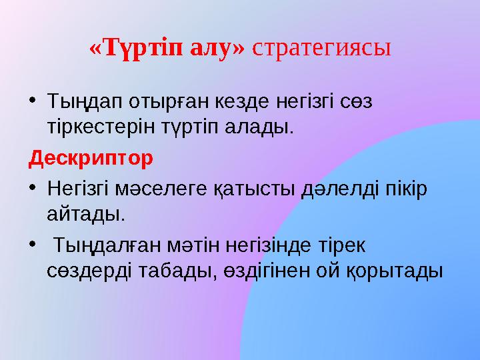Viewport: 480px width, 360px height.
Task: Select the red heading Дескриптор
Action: (x=91, y=159)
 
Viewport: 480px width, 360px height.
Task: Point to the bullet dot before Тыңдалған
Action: (x=33, y=244)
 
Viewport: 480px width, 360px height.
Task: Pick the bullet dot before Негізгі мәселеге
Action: (x=33, y=187)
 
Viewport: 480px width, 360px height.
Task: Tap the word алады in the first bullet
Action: (x=257, y=127)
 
